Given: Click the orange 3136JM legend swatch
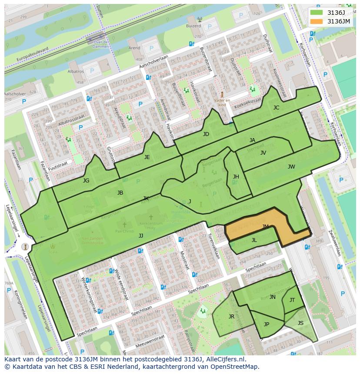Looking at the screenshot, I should tap(317, 21).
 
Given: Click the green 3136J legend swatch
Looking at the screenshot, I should tap(317, 13).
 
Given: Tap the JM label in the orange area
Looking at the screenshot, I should tap(266, 227).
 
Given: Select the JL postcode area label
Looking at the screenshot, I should tap(254, 240).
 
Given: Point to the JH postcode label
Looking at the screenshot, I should tap(236, 177).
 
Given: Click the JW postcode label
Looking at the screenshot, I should tap(291, 167).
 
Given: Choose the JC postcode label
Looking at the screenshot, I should tap(276, 108).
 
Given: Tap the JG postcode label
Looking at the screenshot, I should tap(86, 181).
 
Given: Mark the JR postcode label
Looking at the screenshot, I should tap(231, 317).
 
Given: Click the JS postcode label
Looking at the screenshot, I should tap(300, 323).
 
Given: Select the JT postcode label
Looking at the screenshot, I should tap(292, 300).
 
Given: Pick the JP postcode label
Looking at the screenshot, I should tap(267, 324).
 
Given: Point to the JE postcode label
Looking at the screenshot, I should tap(147, 157).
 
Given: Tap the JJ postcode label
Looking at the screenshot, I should tap(141, 236).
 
